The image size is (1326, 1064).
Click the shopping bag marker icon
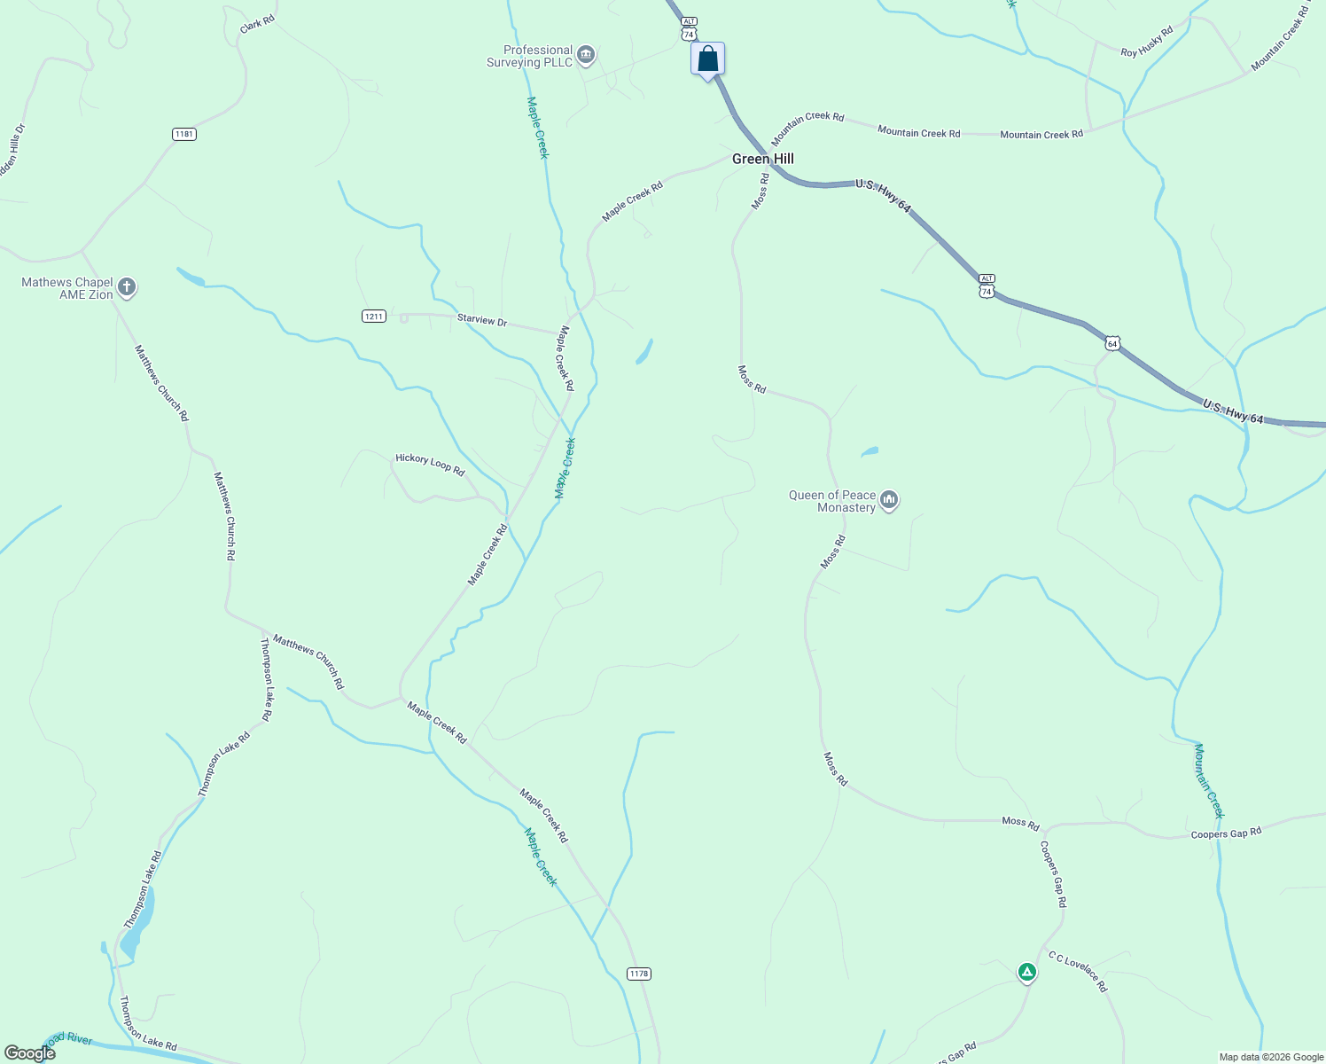[x=707, y=59]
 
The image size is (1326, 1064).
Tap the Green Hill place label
[x=762, y=160]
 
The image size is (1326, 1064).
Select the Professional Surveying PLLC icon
[x=585, y=57]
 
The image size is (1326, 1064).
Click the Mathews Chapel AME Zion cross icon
[x=127, y=287]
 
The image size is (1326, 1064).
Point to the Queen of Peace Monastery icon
[x=889, y=501]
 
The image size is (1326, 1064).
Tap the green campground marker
[x=1026, y=972]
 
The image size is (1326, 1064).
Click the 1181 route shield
[x=184, y=135]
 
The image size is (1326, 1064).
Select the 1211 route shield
[x=374, y=317]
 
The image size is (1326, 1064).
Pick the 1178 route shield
[x=638, y=974]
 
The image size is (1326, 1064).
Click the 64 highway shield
[x=1112, y=343]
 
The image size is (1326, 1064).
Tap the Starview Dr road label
[x=482, y=320]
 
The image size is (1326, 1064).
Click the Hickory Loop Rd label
[x=430, y=464]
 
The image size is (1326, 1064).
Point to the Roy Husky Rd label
[x=1146, y=42]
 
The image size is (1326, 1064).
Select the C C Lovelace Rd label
[x=1078, y=972]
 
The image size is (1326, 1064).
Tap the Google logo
[x=30, y=1053]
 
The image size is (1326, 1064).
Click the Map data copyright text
[x=1271, y=1057]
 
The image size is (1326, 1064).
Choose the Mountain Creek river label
[x=1209, y=780]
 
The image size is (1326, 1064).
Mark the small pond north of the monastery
[x=870, y=452]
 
